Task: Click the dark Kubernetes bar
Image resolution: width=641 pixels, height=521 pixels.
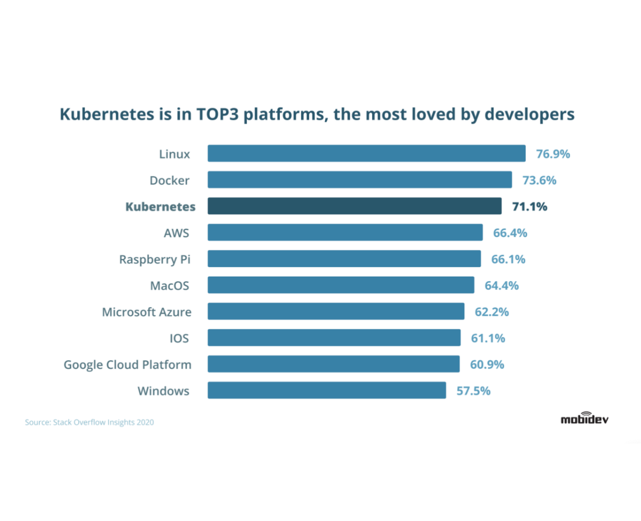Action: [x=355, y=206]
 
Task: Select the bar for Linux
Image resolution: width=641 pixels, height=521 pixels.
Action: [x=367, y=153]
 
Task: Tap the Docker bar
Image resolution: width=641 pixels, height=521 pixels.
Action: [x=360, y=180]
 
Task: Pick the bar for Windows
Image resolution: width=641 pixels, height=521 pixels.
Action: [x=327, y=390]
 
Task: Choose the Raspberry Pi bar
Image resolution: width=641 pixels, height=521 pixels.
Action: [x=344, y=258]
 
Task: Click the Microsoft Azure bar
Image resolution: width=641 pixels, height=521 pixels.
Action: [x=336, y=311]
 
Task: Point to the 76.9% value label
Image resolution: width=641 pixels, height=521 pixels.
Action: [x=553, y=154]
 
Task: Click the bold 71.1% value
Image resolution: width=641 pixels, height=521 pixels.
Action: [x=529, y=206]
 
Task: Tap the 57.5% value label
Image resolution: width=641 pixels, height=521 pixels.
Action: [x=473, y=391]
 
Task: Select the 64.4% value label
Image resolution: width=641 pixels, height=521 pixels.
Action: [x=501, y=286]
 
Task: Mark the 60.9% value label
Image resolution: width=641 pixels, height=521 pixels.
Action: [x=487, y=364]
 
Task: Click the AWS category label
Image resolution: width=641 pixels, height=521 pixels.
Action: [x=176, y=233]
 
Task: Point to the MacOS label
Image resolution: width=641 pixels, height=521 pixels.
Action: [x=170, y=286]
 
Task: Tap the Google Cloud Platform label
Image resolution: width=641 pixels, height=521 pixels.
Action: [x=127, y=365]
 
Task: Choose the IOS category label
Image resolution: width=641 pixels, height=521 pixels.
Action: [x=179, y=338]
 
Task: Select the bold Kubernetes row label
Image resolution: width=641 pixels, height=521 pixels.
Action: [x=160, y=206]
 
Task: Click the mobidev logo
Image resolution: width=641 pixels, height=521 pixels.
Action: [x=584, y=419]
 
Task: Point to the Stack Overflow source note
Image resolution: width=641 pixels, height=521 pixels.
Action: [x=90, y=422]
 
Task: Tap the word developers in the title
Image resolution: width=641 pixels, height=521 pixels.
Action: [x=529, y=114]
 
